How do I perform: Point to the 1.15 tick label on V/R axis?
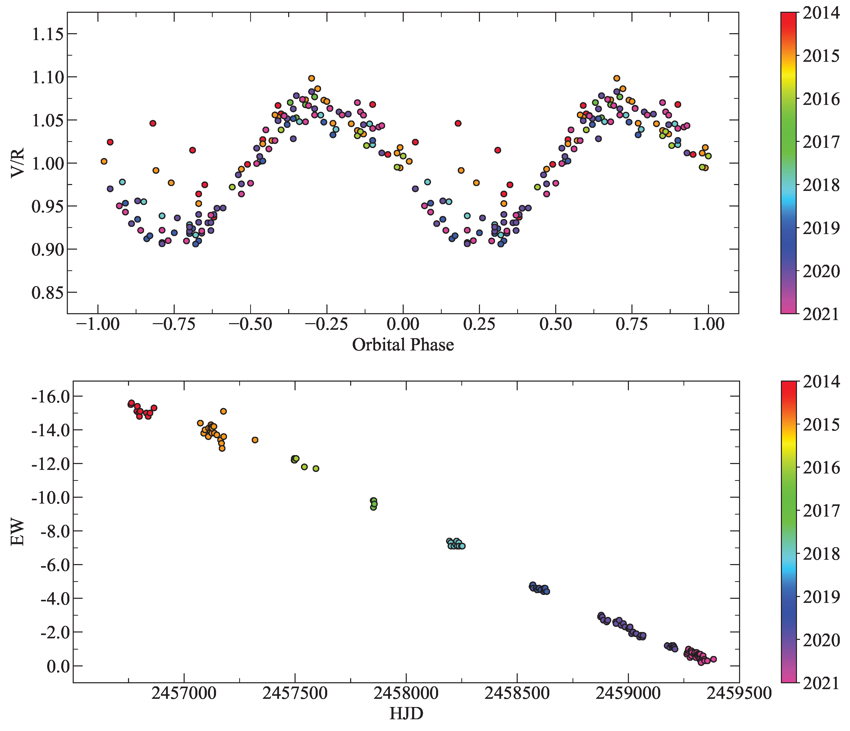point(48,34)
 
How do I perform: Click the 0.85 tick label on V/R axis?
point(48,293)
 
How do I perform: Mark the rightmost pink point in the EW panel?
point(713,659)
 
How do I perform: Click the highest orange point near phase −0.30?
point(311,78)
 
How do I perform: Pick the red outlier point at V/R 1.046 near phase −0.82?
point(153,123)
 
